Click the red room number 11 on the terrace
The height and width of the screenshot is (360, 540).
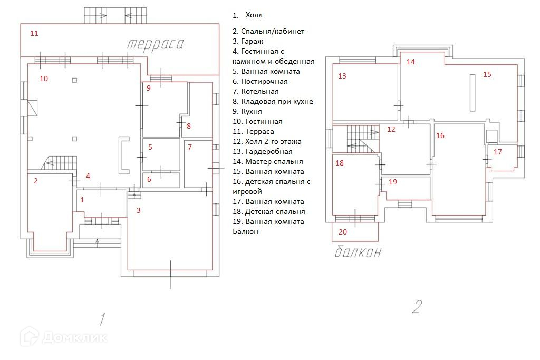34,33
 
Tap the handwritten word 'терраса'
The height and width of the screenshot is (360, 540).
156,45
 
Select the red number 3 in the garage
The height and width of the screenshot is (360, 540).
139,210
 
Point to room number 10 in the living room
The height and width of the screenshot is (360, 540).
44,79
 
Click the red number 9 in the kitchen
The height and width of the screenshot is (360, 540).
148,88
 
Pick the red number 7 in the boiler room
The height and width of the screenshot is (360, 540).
190,147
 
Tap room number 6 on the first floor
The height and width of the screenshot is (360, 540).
149,179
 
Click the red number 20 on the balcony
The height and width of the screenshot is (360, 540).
343,232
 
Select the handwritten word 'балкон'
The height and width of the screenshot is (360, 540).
358,252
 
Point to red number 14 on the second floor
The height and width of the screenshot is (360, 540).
410,62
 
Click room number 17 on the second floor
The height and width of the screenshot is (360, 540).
498,152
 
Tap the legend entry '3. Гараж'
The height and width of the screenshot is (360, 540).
248,41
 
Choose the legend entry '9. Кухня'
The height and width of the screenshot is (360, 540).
247,112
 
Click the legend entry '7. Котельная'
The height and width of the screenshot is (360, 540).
256,92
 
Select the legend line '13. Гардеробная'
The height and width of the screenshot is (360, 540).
263,151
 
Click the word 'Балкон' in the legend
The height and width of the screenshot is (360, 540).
245,231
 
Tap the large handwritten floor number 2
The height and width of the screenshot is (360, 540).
417,306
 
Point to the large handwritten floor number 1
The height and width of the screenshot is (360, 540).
102,319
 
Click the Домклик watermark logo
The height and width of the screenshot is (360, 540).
64,337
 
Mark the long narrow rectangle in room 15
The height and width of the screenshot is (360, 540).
473,93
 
